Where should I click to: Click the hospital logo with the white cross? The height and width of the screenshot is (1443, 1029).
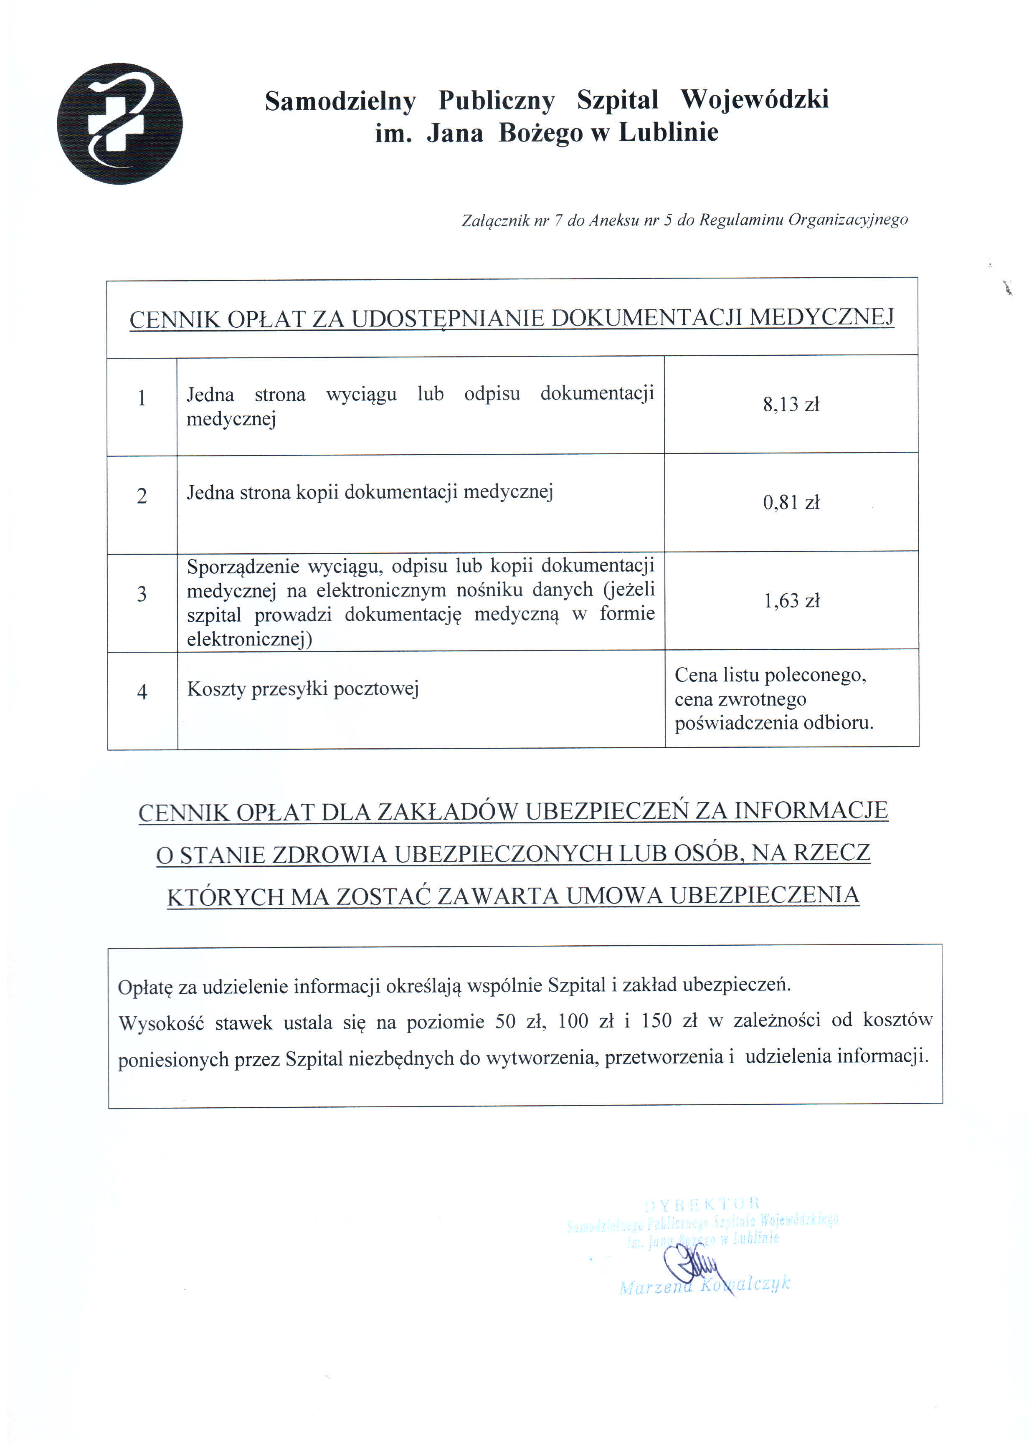pos(120,124)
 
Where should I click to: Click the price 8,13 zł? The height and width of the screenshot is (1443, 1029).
pos(791,405)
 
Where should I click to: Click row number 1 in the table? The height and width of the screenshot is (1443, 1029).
pos(142,398)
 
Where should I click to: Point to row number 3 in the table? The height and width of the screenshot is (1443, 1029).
pos(142,594)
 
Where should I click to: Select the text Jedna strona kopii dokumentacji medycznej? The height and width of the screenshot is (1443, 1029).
pos(370,492)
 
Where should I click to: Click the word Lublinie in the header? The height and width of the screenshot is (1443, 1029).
pos(669,132)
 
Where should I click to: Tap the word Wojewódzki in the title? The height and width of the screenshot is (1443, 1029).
pos(754,99)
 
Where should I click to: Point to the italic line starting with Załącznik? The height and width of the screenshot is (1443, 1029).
pos(684,220)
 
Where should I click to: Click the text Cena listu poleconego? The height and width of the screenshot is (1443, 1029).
pos(770,675)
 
